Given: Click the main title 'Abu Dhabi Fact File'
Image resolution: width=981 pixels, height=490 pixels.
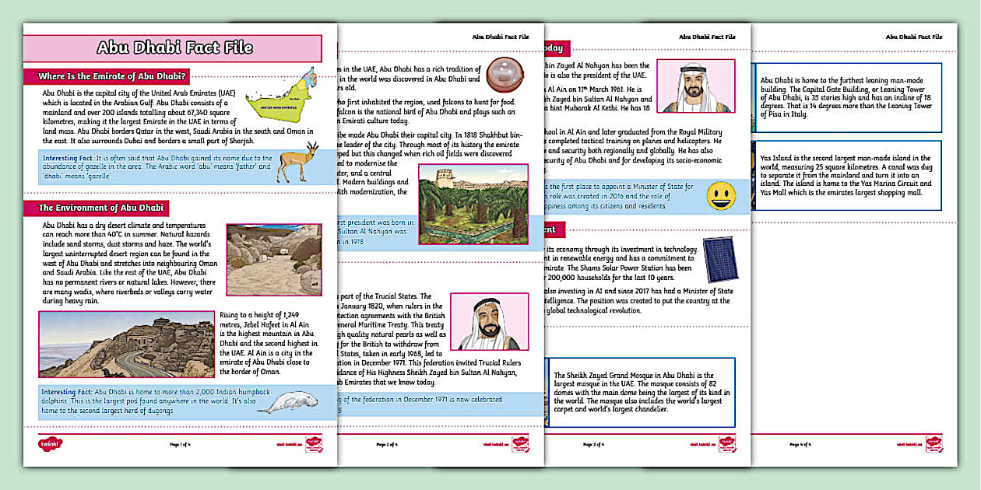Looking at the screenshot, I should coord(174,47).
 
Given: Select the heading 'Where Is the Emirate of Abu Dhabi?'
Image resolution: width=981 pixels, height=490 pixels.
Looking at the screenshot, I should coord(112,76).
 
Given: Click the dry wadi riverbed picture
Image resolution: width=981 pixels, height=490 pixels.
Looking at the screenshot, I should coord(273,259).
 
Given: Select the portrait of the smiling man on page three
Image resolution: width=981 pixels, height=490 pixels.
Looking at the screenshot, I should coord(694,86).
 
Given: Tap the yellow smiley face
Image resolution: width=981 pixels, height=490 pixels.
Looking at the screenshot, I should coord(721,194).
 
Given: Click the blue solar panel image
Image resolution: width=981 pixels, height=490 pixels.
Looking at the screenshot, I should coord(720,259).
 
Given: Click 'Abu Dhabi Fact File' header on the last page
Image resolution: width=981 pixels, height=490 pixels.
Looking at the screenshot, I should coord(913,37).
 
